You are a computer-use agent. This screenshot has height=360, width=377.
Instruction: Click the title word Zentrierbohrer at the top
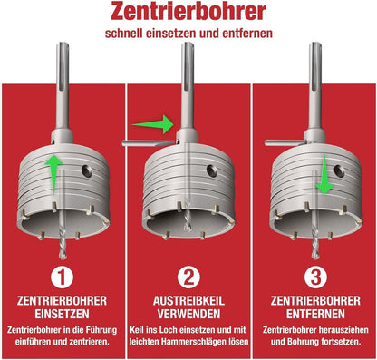pyautogui.click(x=188, y=12)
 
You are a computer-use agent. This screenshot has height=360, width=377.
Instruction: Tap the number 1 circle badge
pyautogui.click(x=62, y=277)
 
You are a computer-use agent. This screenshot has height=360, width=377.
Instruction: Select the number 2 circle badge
pyautogui.click(x=188, y=277)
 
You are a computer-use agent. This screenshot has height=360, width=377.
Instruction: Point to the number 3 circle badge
pyautogui.click(x=315, y=277)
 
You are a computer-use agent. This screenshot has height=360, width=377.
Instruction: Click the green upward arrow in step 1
pyautogui.click(x=53, y=175)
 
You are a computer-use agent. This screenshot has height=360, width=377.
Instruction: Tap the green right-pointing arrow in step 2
pyautogui.click(x=153, y=124)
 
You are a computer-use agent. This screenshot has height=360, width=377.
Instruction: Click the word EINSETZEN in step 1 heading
pyautogui.click(x=62, y=314)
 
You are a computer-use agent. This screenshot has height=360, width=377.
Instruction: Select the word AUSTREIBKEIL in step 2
pyautogui.click(x=188, y=301)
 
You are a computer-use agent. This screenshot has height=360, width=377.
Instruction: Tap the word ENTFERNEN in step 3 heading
pyautogui.click(x=315, y=314)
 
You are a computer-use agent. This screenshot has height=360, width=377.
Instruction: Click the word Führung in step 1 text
pyautogui.click(x=101, y=329)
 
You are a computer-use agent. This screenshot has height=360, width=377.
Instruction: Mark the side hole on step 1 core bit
pyautogui.click(x=87, y=171)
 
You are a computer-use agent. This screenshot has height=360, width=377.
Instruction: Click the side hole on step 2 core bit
pyautogui.click(x=212, y=170)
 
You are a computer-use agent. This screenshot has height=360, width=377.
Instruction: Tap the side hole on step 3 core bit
pyautogui.click(x=339, y=171)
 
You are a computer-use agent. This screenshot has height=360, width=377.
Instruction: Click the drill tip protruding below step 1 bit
pyautogui.click(x=63, y=256)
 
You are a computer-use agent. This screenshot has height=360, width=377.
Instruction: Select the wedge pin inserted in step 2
pyautogui.click(x=149, y=143)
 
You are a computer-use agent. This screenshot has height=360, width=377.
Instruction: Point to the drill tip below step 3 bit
pyautogui.click(x=315, y=255)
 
